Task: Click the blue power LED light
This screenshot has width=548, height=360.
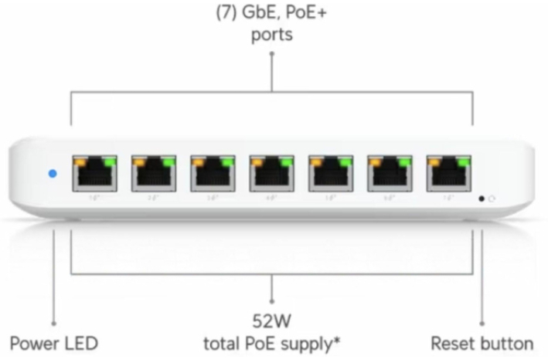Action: point(52,174)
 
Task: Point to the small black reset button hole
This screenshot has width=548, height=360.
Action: point(482,199)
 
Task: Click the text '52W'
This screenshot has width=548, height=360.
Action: point(273,320)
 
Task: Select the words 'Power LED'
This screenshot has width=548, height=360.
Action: point(54,343)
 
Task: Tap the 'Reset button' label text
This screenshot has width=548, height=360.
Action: point(482,343)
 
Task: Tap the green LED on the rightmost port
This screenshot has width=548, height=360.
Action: point(464,161)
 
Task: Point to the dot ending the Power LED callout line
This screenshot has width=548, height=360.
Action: point(54,324)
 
